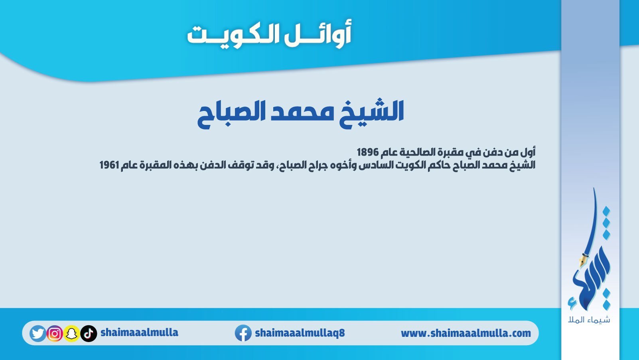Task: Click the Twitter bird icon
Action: pyautogui.click(x=37, y=333)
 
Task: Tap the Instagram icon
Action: pyautogui.click(x=55, y=333)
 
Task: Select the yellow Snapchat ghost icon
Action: pyautogui.click(x=72, y=333)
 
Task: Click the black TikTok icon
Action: pyautogui.click(x=89, y=333)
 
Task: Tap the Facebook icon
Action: pyautogui.click(x=243, y=333)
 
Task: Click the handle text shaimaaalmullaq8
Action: pyautogui.click(x=300, y=333)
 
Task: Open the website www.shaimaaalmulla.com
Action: pyautogui.click(x=466, y=333)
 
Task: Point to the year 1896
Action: pyautogui.click(x=368, y=152)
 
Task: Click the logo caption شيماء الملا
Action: pyautogui.click(x=589, y=320)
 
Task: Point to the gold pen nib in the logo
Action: pyautogui.click(x=582, y=261)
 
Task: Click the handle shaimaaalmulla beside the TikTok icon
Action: pyautogui.click(x=139, y=333)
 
